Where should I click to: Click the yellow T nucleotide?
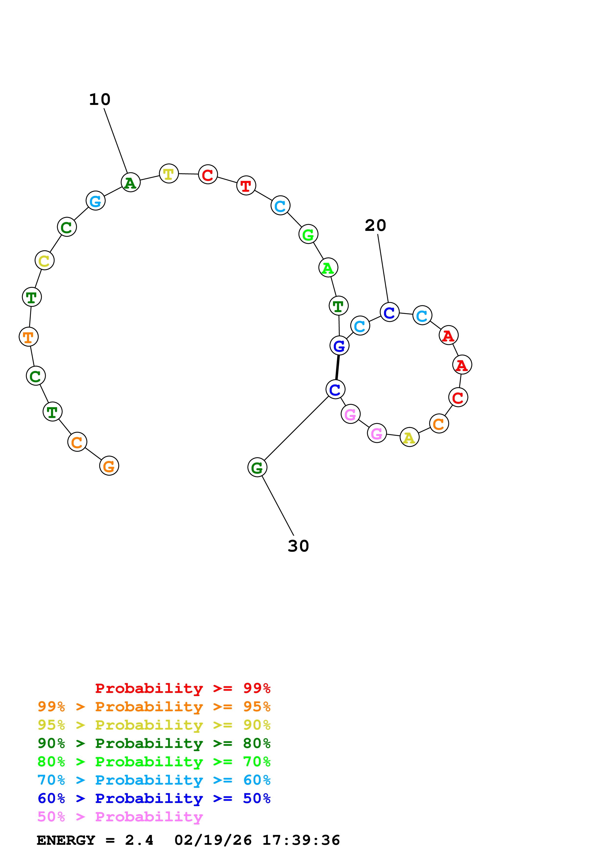pyautogui.click(x=169, y=174)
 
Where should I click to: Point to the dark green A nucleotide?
pyautogui.click(x=130, y=183)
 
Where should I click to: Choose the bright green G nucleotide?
pyautogui.click(x=308, y=234)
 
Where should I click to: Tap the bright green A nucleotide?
pyautogui.click(x=328, y=268)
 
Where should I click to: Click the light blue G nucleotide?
pyautogui.click(x=95, y=201)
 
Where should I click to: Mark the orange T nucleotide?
pyautogui.click(x=28, y=337)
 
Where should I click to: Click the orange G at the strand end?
pyautogui.click(x=109, y=466)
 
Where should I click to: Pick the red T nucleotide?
pyautogui.click(x=246, y=186)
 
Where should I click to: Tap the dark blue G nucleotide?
pyautogui.click(x=339, y=346)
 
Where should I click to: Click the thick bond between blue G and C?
pyautogui.click(x=337, y=367)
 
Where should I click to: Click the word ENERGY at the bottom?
pyautogui.click(x=66, y=840)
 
